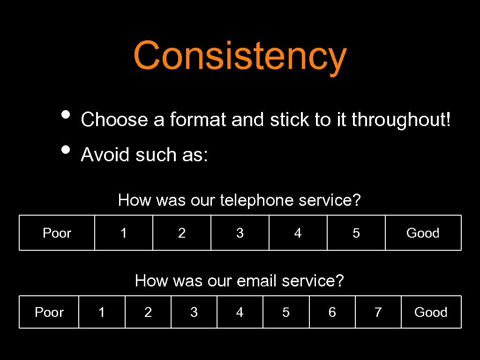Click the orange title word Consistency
pyautogui.click(x=240, y=55)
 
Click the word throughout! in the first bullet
pyautogui.click(x=401, y=120)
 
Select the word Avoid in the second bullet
pyautogui.click(x=105, y=154)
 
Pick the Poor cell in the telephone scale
pyautogui.click(x=57, y=233)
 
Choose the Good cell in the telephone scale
pyautogui.click(x=423, y=233)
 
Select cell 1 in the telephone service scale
pyautogui.click(x=124, y=233)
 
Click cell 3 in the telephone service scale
pyautogui.click(x=240, y=233)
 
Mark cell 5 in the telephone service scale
pyautogui.click(x=356, y=233)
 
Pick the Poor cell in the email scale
pyautogui.click(x=49, y=312)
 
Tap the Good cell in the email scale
pyautogui.click(x=431, y=312)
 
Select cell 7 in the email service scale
pyautogui.click(x=378, y=312)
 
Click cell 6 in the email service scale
pyautogui.click(x=332, y=312)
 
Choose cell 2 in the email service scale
pyautogui.click(x=148, y=312)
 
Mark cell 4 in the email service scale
pyautogui.click(x=240, y=312)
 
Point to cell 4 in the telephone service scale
pyautogui.click(x=298, y=233)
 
